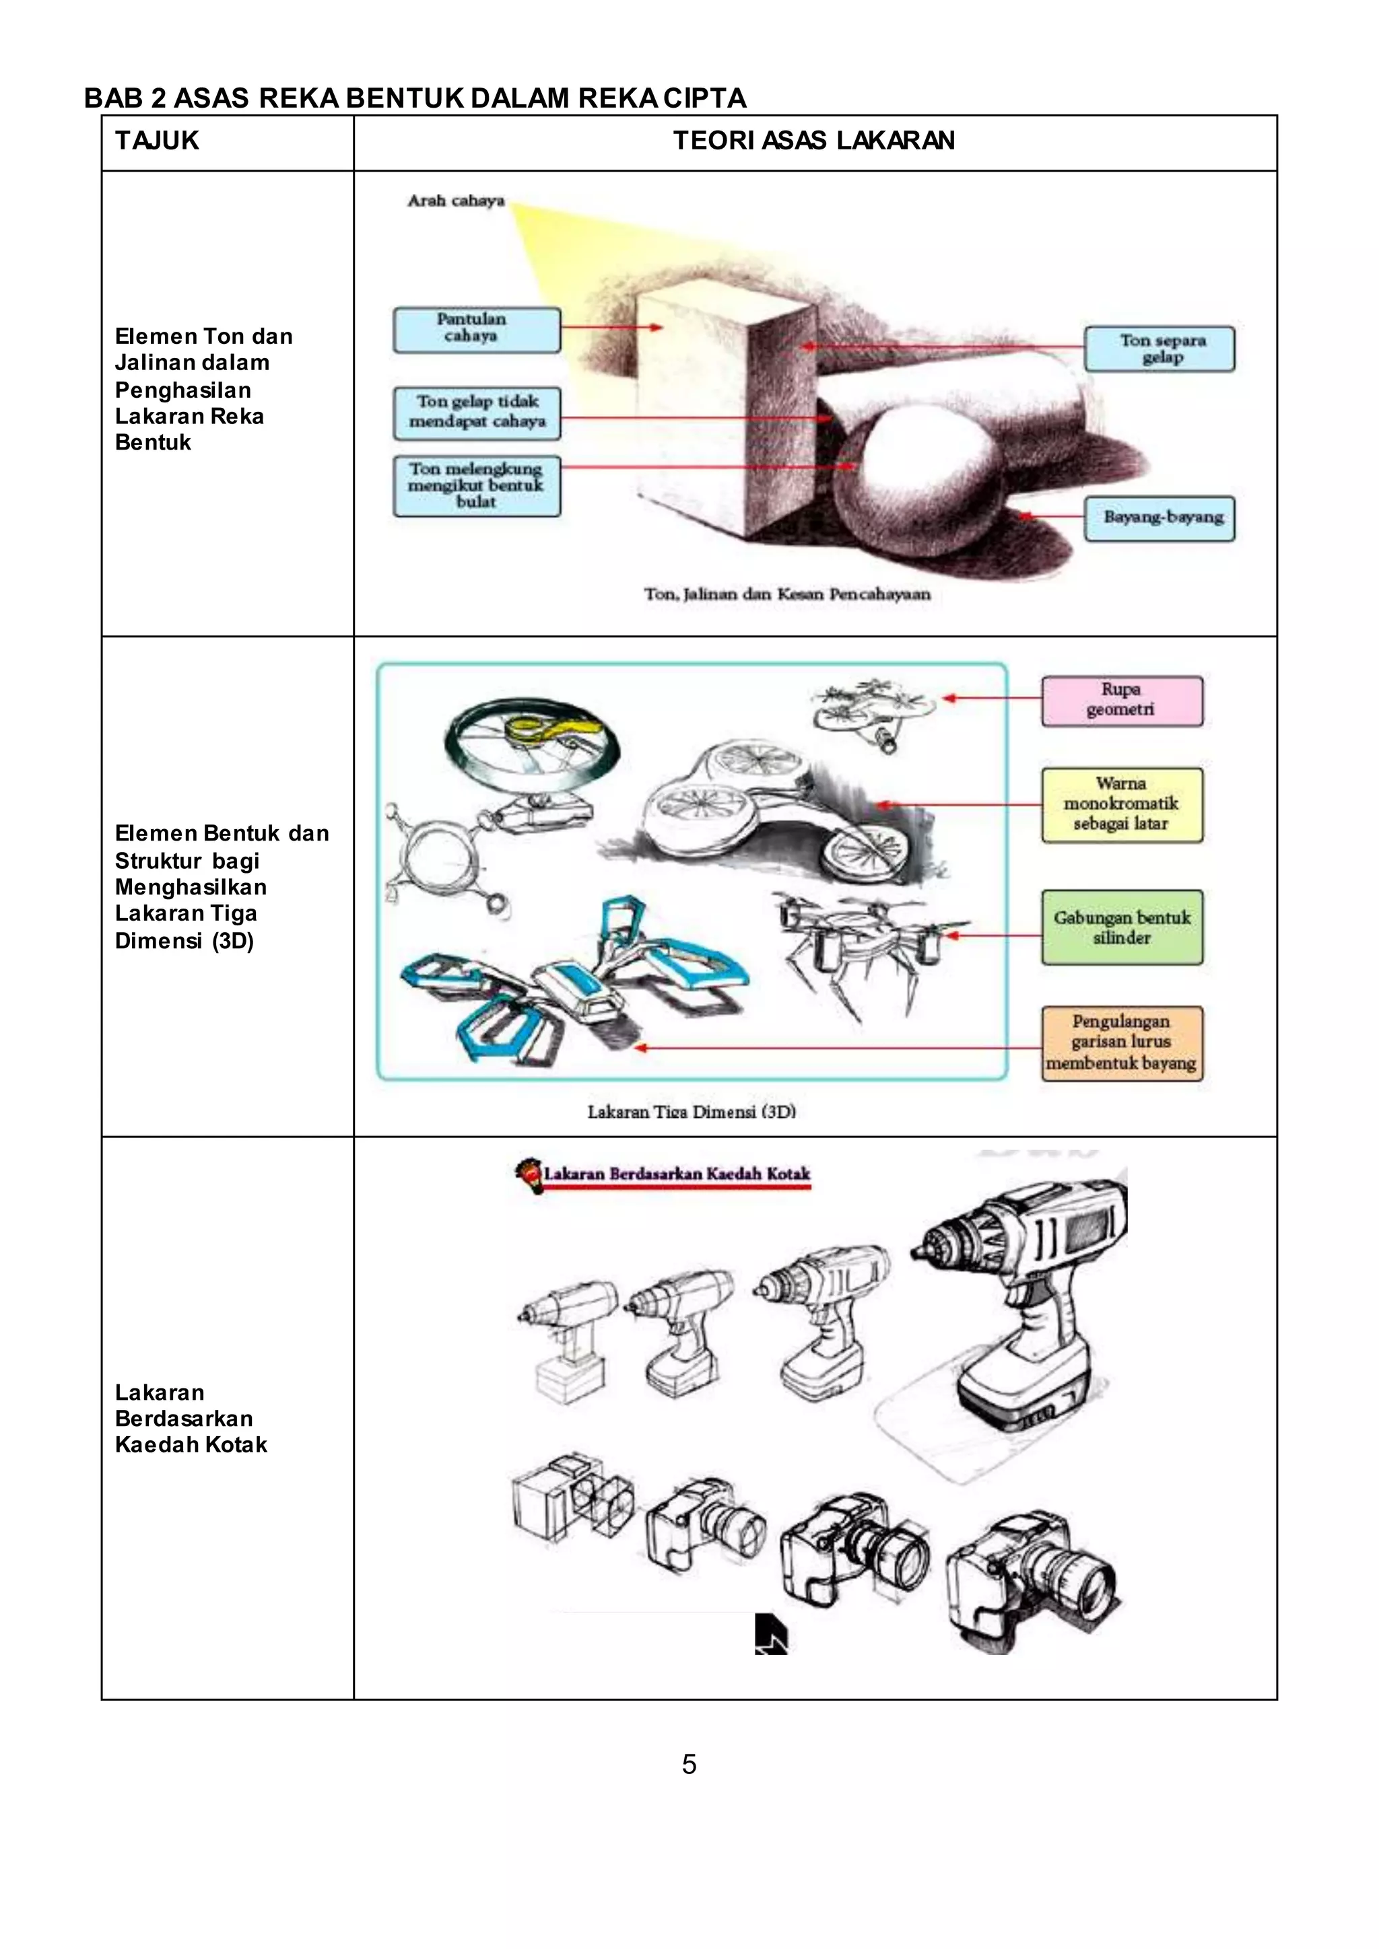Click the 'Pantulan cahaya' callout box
click(x=476, y=329)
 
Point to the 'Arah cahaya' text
click(x=456, y=201)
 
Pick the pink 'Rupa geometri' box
click(x=1122, y=701)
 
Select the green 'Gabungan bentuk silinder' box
click(x=1122, y=927)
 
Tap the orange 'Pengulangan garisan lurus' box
click(x=1122, y=1042)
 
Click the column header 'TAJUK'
click(x=157, y=141)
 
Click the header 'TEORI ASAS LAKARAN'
click(x=813, y=141)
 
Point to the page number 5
click(x=689, y=1764)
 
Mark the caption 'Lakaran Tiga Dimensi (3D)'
click(x=692, y=1111)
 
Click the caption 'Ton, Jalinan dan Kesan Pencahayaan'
click(x=787, y=594)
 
